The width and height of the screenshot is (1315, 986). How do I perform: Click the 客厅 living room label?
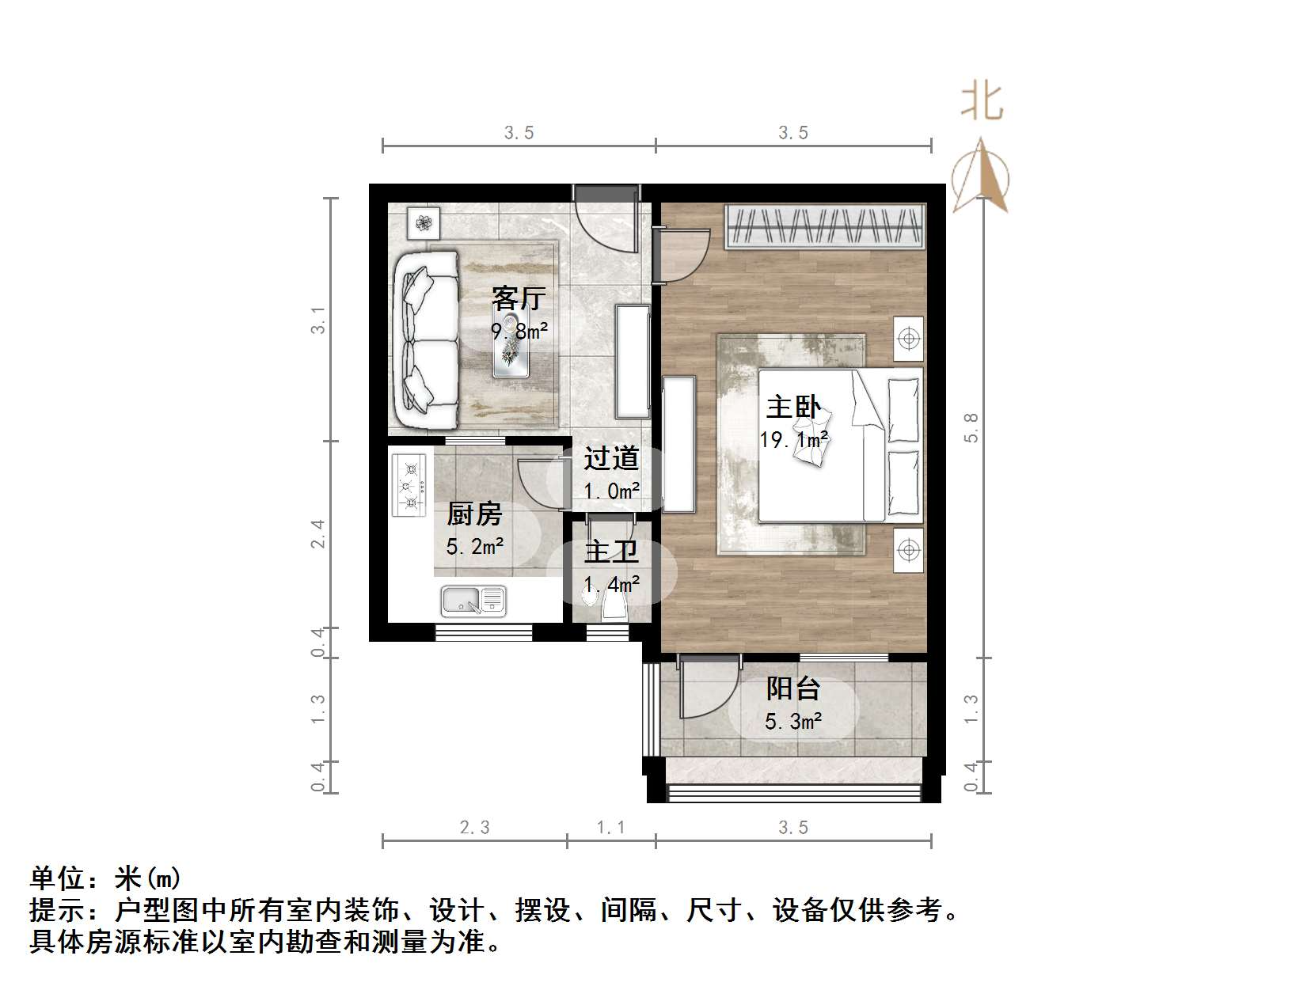[x=519, y=298]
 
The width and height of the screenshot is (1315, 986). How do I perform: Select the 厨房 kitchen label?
[x=474, y=514]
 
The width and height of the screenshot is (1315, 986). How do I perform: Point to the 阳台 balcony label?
[x=792, y=688]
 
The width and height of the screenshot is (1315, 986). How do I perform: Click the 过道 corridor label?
[x=611, y=458]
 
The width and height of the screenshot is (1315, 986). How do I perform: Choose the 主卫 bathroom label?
[x=611, y=552]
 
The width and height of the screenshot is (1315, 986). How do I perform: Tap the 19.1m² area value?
[x=794, y=439]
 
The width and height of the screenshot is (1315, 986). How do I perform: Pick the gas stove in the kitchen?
[x=409, y=485]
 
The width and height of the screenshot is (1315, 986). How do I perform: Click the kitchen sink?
[x=473, y=602]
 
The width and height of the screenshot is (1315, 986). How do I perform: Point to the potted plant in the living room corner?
[x=424, y=222]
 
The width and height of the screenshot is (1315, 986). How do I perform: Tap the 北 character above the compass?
[x=982, y=103]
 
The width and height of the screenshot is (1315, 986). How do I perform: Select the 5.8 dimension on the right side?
[x=971, y=427]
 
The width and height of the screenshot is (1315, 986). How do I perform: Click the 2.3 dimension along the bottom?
[x=474, y=827]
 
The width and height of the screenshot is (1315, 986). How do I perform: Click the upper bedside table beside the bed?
[x=909, y=339]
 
